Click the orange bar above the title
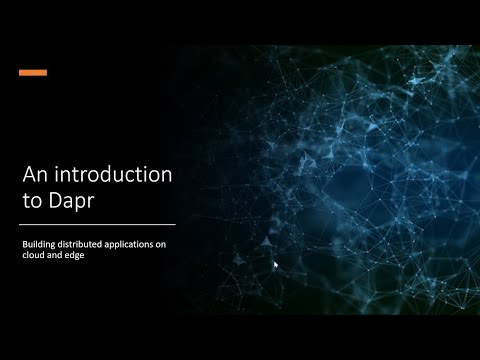(33, 72)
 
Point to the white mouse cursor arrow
(275, 265)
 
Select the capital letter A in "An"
(30, 175)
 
